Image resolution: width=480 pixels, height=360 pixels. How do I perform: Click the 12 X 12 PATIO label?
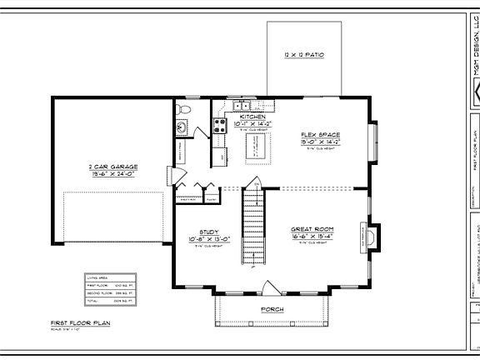303,54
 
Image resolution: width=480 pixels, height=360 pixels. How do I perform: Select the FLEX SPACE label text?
321,134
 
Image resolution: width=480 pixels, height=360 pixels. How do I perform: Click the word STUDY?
209,232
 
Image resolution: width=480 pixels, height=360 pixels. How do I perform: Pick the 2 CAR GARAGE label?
113,167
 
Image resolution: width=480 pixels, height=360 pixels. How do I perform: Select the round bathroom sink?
182,127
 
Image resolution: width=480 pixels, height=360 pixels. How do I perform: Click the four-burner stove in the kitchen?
222,127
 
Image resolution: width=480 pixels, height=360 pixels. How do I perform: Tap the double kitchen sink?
242,105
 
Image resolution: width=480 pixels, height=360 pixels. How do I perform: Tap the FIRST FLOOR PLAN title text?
81,322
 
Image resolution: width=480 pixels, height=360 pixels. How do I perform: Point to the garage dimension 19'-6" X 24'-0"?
113,174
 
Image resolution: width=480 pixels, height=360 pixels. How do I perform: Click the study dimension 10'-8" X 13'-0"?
209,238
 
